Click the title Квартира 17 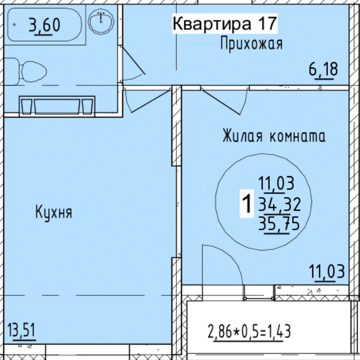click(x=225, y=24)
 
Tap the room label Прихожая click(x=251, y=44)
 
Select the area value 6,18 click(x=323, y=70)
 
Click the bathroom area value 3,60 click(x=44, y=26)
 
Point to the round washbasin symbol click(x=101, y=21)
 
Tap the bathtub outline click(x=44, y=25)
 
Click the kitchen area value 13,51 click(x=21, y=331)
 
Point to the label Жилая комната click(x=274, y=136)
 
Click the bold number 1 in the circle click(x=247, y=203)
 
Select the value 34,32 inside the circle click(x=280, y=205)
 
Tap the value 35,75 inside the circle click(x=279, y=224)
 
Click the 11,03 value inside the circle click(x=276, y=184)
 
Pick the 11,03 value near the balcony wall click(x=327, y=272)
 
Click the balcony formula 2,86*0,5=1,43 click(x=249, y=331)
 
